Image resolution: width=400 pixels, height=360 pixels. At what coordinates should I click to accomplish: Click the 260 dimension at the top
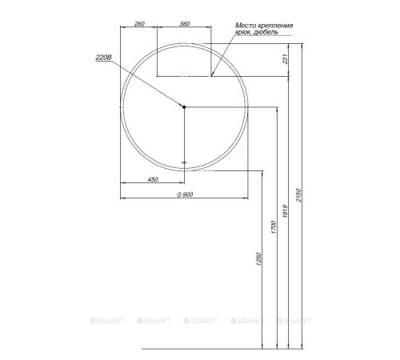pyautogui.click(x=139, y=24)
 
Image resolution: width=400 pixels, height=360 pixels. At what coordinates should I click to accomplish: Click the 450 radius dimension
pyautogui.click(x=152, y=179)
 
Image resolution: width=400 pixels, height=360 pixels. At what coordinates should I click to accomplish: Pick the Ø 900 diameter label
pyautogui.click(x=184, y=195)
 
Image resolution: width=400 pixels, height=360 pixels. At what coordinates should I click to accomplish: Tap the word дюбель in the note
pyautogui.click(x=266, y=34)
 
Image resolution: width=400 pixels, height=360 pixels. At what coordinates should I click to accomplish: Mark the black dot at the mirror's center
pyautogui.click(x=184, y=106)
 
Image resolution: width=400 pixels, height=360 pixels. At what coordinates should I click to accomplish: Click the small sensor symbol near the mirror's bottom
pyautogui.click(x=184, y=162)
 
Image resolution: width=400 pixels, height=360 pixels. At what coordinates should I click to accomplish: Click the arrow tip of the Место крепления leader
pyautogui.click(x=212, y=76)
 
